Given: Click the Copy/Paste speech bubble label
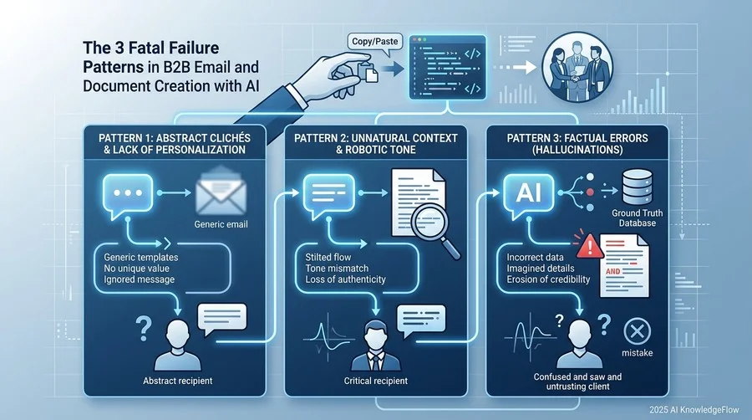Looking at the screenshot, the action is [x=374, y=42].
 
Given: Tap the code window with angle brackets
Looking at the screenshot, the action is [x=448, y=67].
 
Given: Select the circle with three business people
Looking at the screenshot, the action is [x=577, y=67].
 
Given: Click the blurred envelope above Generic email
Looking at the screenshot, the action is [x=221, y=190].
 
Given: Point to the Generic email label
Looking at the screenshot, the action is [x=221, y=224].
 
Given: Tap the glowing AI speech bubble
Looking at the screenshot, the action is [x=529, y=194].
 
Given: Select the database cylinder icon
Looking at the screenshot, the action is [x=637, y=187].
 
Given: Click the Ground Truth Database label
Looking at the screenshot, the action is [x=637, y=218].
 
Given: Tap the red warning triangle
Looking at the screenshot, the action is [x=589, y=246].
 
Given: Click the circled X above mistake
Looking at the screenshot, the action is [x=638, y=331].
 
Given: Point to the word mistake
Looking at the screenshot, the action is [x=638, y=353].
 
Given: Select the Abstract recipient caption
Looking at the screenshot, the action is [x=177, y=382].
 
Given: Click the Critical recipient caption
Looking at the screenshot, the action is [x=375, y=382].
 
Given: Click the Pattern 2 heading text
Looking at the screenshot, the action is [x=375, y=144].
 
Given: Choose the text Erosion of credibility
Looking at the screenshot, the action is [x=548, y=279].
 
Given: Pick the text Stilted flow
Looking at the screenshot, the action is [x=328, y=258].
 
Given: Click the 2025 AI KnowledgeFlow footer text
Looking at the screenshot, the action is [x=694, y=410].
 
